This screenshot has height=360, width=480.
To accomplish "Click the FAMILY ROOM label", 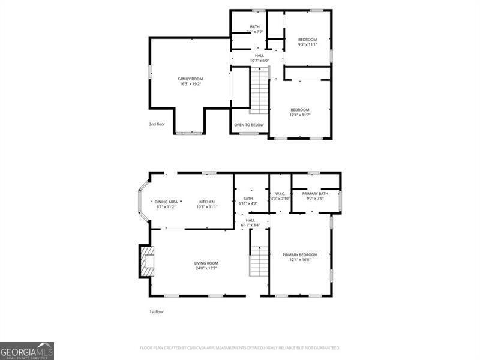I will coord(190,79).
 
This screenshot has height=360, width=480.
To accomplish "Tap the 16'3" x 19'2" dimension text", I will coord(190,84).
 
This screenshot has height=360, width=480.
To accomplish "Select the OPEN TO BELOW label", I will coord(249,125).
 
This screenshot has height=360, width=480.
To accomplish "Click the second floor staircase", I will coord(259,90).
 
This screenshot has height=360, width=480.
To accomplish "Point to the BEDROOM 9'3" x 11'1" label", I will coord(307,40).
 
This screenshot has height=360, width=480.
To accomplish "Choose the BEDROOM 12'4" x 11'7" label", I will coord(300,110).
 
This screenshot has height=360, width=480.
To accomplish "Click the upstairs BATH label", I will coord(255,27).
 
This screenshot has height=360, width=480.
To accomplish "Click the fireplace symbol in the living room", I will coord(146,262).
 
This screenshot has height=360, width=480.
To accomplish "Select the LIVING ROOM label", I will coord(206,263).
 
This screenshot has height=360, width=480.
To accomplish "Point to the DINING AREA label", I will coord(166,202).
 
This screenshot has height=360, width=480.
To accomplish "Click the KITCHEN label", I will coord(207,202).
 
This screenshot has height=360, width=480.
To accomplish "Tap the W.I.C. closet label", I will coord(280,193).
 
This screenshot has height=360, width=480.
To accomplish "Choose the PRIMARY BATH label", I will coord(315,193).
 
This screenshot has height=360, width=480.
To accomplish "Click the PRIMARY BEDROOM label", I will coord(300,254).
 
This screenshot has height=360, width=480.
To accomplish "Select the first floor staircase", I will coord(259,261).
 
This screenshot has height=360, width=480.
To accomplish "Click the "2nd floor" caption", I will coord(157,124).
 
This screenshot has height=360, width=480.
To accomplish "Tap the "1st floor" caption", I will coord(157,312).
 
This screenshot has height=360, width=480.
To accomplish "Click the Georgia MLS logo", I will coord(27,350).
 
